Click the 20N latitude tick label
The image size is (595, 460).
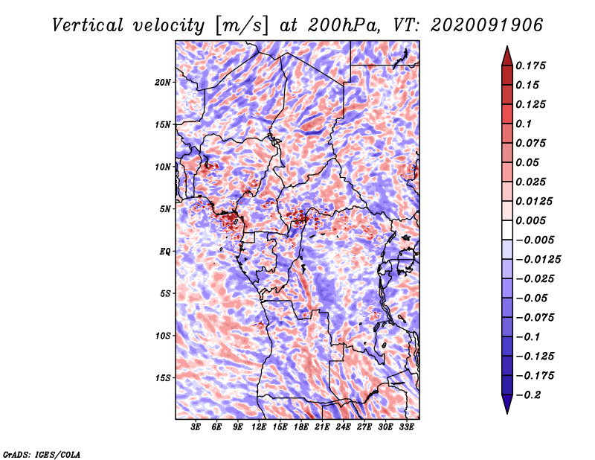pyautogui.click(x=162, y=83)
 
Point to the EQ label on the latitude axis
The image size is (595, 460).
pyautogui.click(x=165, y=252)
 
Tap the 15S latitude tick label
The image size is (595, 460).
pyautogui.click(x=163, y=378)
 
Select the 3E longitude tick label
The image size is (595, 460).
pyautogui.click(x=196, y=427)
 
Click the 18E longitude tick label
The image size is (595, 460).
pyautogui.click(x=301, y=427)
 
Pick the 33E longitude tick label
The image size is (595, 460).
pyautogui.click(x=406, y=427)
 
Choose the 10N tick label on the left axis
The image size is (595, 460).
pyautogui.click(x=162, y=167)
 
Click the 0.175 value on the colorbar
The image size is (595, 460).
pyautogui.click(x=530, y=66)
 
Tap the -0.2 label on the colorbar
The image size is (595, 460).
pyautogui.click(x=528, y=395)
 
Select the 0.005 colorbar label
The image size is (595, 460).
pyautogui.click(x=530, y=220)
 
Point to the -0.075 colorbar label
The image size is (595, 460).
pyautogui.click(x=535, y=318)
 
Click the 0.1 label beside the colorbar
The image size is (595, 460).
pyautogui.click(x=524, y=124)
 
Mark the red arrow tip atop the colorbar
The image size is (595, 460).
pyautogui.click(x=507, y=46)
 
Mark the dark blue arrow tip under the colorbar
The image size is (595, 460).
pyautogui.click(x=507, y=413)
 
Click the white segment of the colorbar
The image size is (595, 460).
pyautogui.click(x=507, y=230)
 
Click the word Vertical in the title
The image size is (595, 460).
pyautogui.click(x=87, y=25)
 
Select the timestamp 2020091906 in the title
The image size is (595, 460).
pyautogui.click(x=487, y=25)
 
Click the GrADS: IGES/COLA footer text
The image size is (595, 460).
pyautogui.click(x=42, y=454)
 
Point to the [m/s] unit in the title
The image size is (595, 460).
pyautogui.click(x=242, y=25)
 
